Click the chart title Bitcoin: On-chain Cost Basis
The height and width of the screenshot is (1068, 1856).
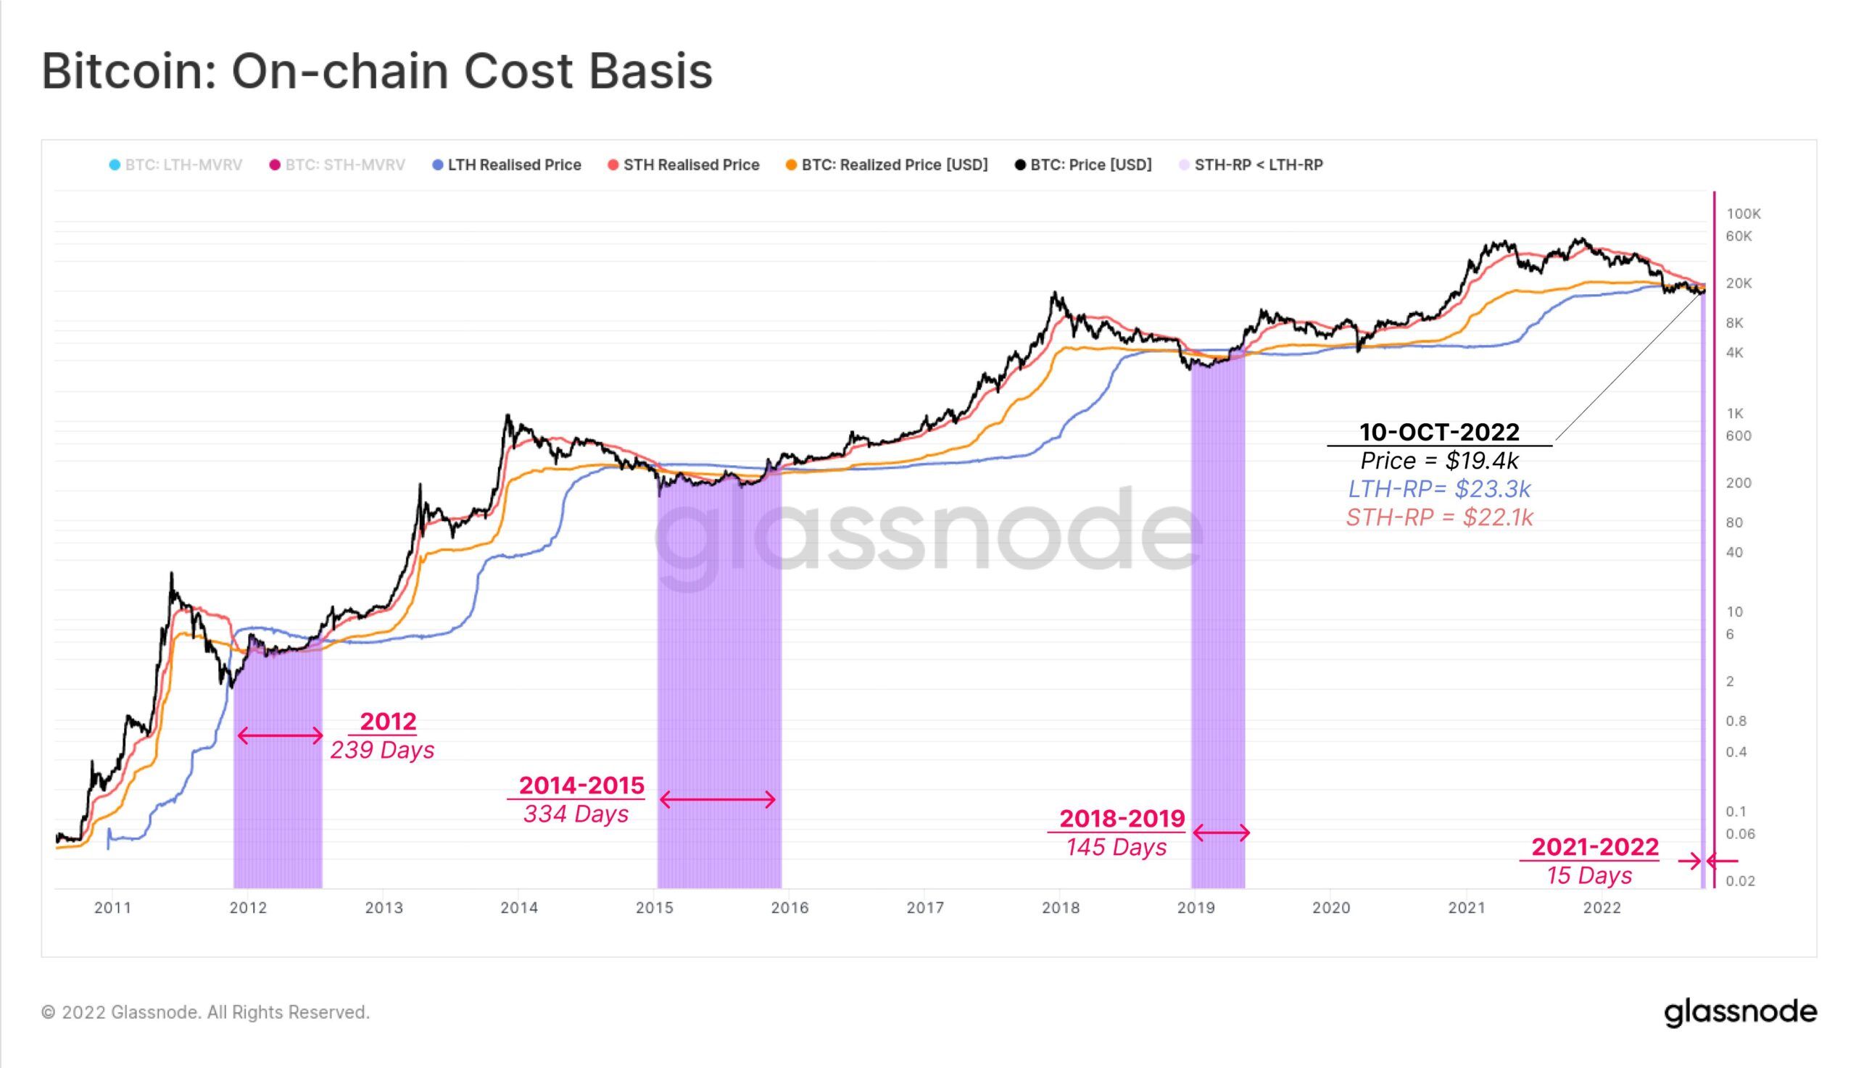pos(376,71)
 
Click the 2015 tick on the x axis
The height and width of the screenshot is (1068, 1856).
pos(654,907)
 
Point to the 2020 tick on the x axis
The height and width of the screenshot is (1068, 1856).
pos(1331,907)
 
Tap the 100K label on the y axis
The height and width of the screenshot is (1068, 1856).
pos(1743,214)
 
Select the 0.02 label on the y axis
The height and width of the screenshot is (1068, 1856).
pos(1740,881)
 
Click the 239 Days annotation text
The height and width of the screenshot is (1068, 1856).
pos(381,751)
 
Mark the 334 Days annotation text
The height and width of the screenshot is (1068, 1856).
pos(576,814)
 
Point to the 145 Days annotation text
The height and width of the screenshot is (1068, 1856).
pos(1116,847)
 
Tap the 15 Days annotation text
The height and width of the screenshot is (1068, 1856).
pos(1589,876)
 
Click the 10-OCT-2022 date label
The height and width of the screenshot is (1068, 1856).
pos(1439,432)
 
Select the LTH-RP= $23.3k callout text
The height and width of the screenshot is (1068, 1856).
pos(1439,489)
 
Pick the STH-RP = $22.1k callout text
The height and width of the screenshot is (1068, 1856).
pos(1439,518)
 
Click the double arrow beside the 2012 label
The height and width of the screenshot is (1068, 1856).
pos(280,735)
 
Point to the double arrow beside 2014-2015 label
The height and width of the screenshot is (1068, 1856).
pos(717,798)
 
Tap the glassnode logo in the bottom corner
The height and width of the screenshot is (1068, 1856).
pos(1740,1012)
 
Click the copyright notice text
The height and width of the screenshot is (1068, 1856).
pos(205,1012)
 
